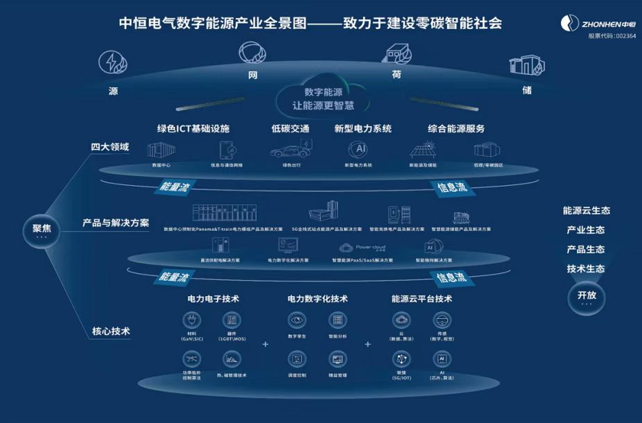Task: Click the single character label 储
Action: click(526, 91)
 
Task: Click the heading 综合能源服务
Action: click(456, 129)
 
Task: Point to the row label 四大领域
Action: click(110, 148)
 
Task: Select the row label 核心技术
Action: click(111, 331)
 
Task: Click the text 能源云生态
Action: click(587, 211)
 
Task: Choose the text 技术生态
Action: click(586, 269)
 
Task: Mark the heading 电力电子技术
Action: click(214, 299)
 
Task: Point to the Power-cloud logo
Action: click(362, 247)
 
